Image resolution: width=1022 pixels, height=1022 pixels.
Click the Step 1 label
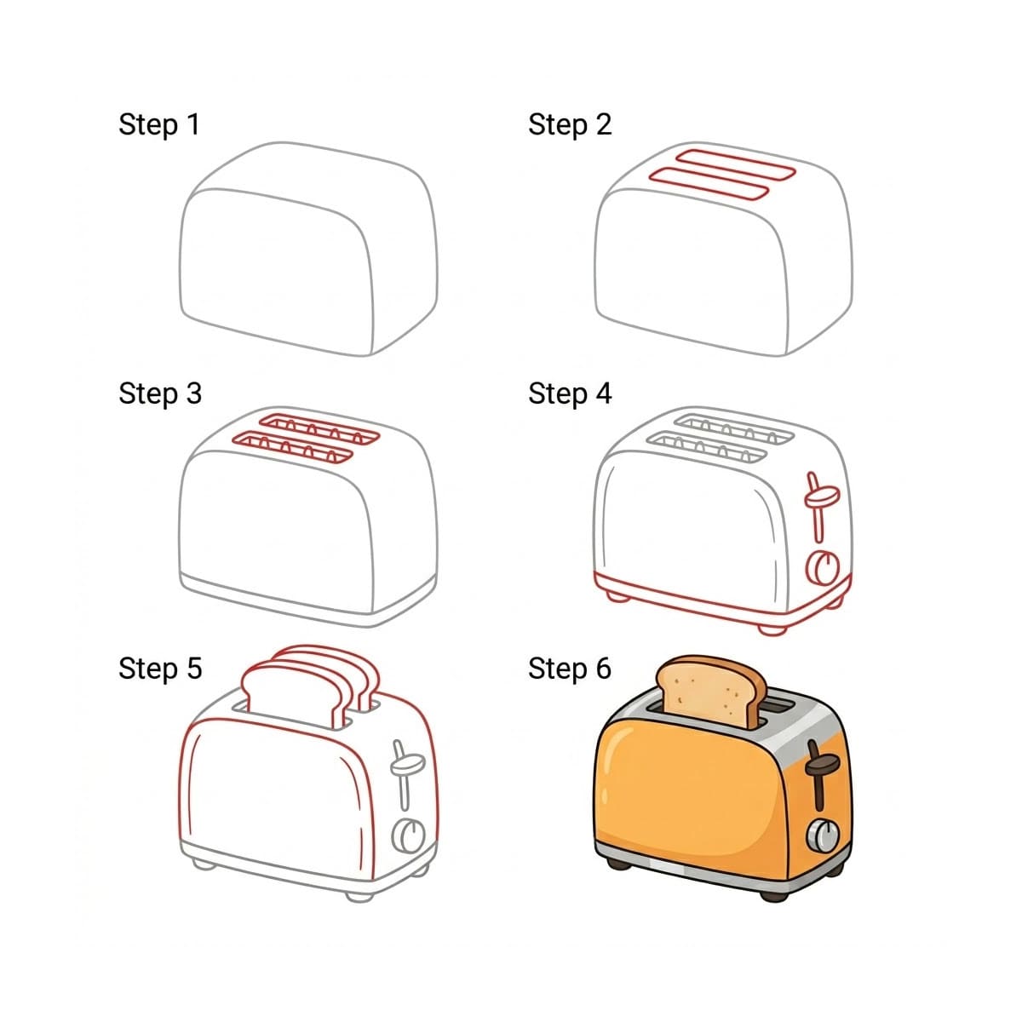pos(159,124)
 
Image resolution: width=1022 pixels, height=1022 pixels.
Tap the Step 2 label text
pos(569,124)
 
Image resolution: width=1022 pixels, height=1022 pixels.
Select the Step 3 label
pos(159,393)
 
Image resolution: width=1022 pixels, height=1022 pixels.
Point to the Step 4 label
pos(569,393)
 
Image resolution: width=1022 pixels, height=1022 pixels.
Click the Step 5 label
pos(159,669)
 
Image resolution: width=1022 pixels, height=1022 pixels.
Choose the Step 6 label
pos(569,669)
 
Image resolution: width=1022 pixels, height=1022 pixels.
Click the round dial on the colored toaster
pos(822,835)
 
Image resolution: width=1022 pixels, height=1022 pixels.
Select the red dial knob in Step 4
pos(822,566)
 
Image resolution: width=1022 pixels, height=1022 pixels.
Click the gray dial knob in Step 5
pos(408,835)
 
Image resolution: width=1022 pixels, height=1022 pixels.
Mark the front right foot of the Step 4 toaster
pos(772,629)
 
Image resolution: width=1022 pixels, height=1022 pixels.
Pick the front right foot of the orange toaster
pos(773,894)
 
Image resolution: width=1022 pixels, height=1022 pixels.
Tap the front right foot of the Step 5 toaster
pos(359,894)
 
